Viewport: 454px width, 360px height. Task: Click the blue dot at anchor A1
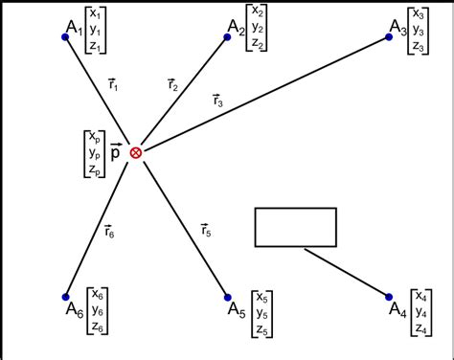pos(65,36)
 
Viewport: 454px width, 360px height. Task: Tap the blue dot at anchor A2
pos(227,35)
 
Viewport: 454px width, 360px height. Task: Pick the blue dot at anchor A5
pos(227,296)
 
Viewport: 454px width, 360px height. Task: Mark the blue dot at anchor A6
pos(65,296)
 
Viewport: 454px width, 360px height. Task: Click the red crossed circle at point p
pos(136,152)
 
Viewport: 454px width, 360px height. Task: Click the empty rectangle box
pos(295,227)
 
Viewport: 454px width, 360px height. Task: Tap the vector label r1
pos(113,84)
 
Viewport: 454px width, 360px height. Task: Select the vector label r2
pos(172,84)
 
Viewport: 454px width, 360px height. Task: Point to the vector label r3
pos(218,100)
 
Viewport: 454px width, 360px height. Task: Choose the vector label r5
pos(206,229)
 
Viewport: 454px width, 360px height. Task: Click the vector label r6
pos(110,229)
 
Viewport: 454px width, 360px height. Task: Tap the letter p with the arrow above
pos(116,151)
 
